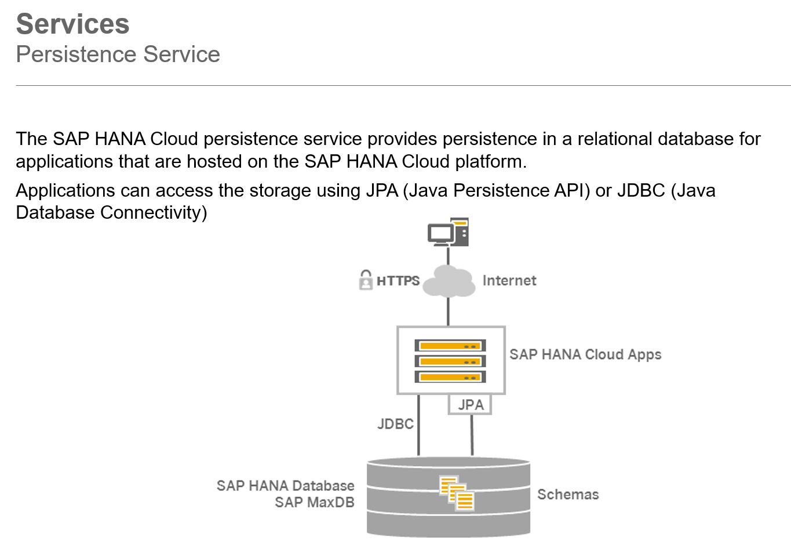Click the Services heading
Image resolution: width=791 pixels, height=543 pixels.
point(72,24)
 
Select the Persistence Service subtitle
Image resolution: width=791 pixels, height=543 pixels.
point(118,55)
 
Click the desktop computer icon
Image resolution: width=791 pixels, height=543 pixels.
point(448,232)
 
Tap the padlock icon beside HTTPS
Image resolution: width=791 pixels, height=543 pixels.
point(366,280)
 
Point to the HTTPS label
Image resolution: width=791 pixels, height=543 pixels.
point(398,281)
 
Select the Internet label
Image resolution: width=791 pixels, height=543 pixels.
point(509,281)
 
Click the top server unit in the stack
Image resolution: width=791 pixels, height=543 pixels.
point(450,346)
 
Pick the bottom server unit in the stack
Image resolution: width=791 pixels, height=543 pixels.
point(450,377)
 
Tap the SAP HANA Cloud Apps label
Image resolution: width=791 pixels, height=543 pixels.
point(585,354)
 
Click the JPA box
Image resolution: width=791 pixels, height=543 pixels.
point(470,404)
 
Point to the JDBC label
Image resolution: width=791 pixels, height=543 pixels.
point(395,424)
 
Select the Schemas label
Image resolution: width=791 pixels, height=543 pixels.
point(568,495)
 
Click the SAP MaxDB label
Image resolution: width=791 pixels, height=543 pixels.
point(314,502)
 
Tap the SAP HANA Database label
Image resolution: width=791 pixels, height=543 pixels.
point(285,486)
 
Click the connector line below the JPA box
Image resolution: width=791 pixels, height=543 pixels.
point(472,435)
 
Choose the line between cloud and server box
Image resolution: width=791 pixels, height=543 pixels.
point(448,312)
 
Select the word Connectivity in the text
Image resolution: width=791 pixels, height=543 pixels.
point(154,213)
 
